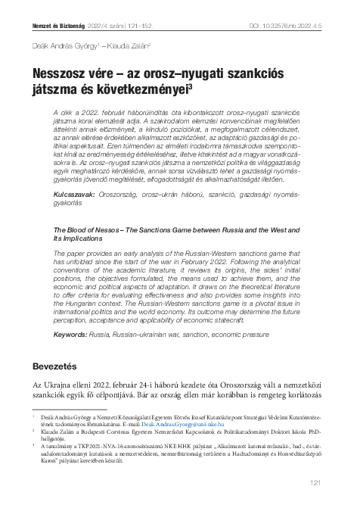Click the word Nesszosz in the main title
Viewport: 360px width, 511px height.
60,75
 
